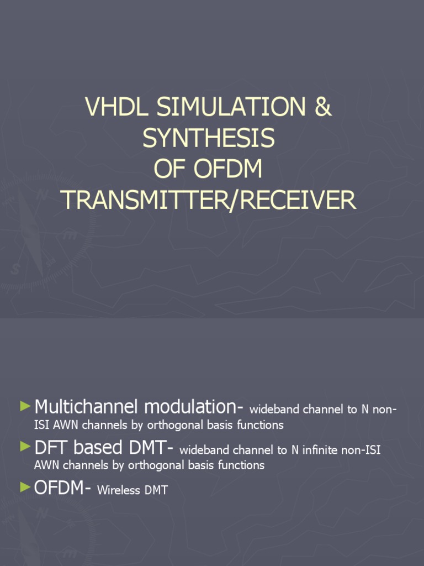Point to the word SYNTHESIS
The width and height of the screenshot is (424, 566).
click(x=209, y=138)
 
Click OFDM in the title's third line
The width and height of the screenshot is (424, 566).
click(x=230, y=170)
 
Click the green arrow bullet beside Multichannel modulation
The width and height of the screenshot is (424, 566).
click(x=25, y=406)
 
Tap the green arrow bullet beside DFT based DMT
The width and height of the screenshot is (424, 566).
click(x=25, y=447)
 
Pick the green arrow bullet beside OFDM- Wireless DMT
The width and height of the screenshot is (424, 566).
click(x=25, y=486)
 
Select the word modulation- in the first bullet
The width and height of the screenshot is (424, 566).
click(x=193, y=407)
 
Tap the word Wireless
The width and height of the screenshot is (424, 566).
click(x=119, y=490)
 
